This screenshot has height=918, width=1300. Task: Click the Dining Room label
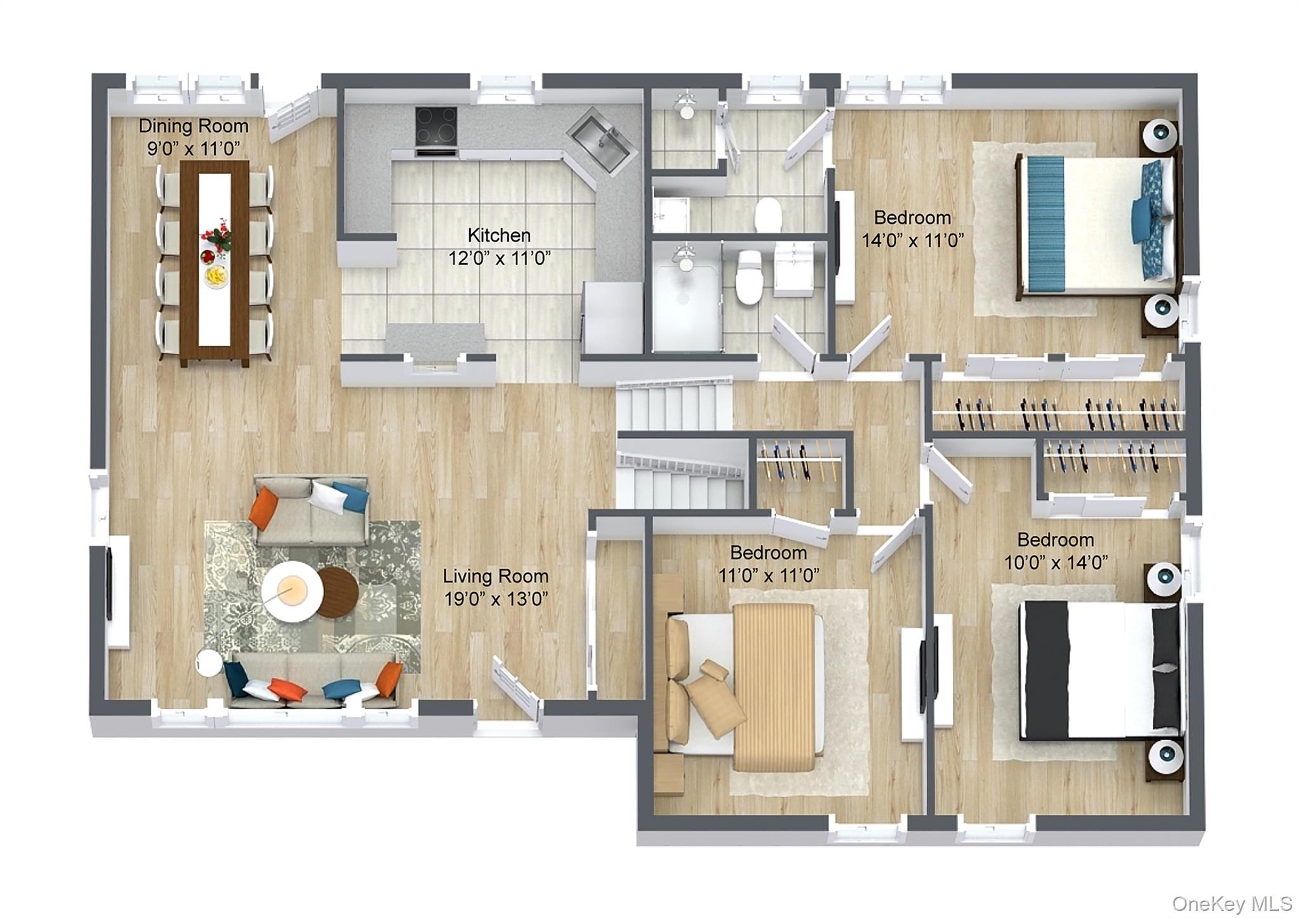click(194, 126)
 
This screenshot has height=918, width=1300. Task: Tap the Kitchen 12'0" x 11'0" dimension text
click(499, 258)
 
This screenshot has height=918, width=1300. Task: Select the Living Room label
click(496, 576)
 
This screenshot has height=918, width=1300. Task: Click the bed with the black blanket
click(1100, 670)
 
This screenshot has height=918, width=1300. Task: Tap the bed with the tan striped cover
click(745, 686)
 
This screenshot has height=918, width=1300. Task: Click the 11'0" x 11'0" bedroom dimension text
click(769, 575)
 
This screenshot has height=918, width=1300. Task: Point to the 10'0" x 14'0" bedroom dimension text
click(1056, 562)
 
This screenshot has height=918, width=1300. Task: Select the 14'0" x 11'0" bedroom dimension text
click(913, 241)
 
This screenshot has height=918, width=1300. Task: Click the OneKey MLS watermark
click(1231, 903)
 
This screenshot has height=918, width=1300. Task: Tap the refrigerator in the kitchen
click(613, 317)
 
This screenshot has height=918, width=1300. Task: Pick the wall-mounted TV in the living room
click(110, 583)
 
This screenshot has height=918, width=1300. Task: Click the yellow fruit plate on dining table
click(216, 277)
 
